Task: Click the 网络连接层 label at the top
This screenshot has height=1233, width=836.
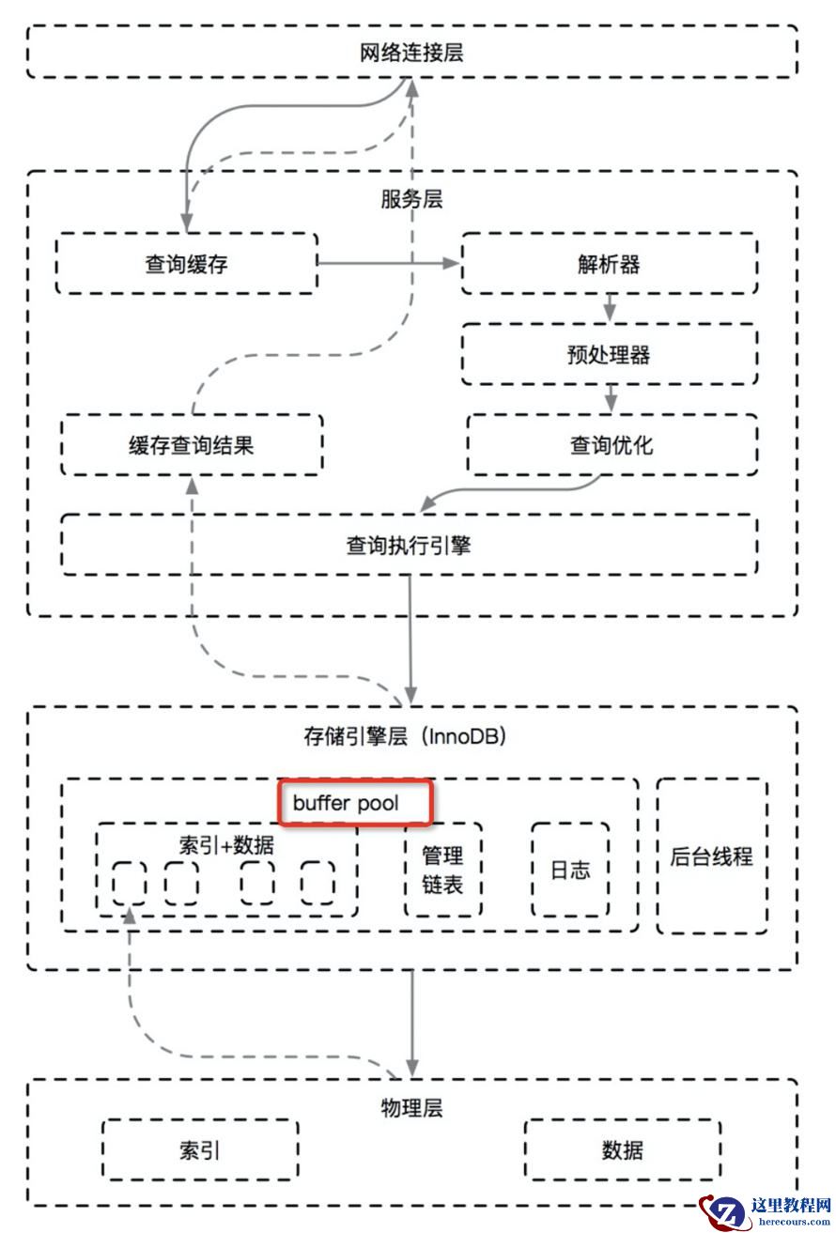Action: point(411,53)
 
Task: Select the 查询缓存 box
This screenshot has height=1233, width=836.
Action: point(186,264)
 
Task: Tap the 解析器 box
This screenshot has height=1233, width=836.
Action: point(609,264)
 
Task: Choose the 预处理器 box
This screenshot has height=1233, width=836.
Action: point(609,354)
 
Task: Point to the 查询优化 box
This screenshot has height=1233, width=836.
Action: point(611,444)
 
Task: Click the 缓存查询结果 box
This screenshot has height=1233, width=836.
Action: point(192,444)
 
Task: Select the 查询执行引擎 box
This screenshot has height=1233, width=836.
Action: point(409,545)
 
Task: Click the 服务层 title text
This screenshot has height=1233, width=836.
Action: point(411,199)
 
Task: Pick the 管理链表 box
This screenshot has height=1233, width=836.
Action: point(442,870)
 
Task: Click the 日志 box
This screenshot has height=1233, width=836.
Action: point(570,870)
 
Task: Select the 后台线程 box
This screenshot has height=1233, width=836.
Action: point(711,855)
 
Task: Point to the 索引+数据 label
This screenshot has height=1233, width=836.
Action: point(226,843)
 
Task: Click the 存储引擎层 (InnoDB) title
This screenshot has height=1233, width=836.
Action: point(405,736)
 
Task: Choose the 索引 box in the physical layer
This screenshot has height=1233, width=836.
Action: point(199,1149)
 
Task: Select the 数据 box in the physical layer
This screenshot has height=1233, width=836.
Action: point(623,1149)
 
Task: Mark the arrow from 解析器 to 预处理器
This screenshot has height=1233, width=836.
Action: point(610,308)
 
